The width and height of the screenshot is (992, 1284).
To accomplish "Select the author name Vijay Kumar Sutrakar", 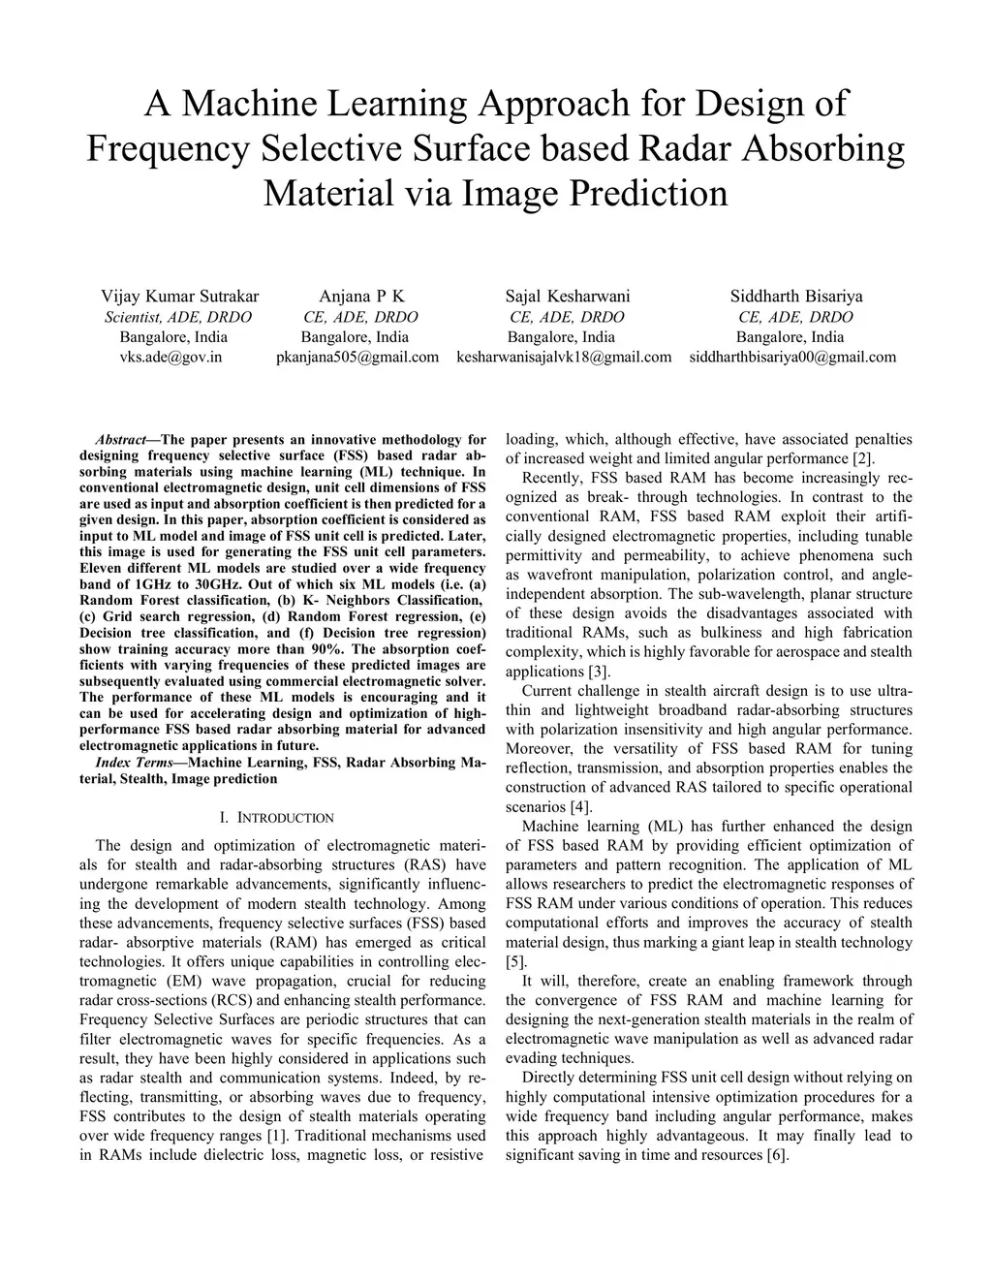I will [180, 296].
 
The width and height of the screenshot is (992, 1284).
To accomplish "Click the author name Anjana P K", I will [361, 296].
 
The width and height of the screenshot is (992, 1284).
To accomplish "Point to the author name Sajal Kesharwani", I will [568, 296].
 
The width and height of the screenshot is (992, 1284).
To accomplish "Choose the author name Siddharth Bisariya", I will [796, 296].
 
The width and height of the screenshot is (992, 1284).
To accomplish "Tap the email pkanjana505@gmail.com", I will [357, 357].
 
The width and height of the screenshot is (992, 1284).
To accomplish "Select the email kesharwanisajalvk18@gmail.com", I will [564, 357].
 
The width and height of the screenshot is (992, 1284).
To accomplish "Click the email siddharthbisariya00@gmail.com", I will [792, 357].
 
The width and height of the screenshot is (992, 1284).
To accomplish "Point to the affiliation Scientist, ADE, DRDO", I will [177, 317].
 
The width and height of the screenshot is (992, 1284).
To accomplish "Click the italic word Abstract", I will [120, 439].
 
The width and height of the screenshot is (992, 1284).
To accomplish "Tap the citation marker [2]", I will [862, 458].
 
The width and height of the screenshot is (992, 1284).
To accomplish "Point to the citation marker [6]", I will [776, 1155].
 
